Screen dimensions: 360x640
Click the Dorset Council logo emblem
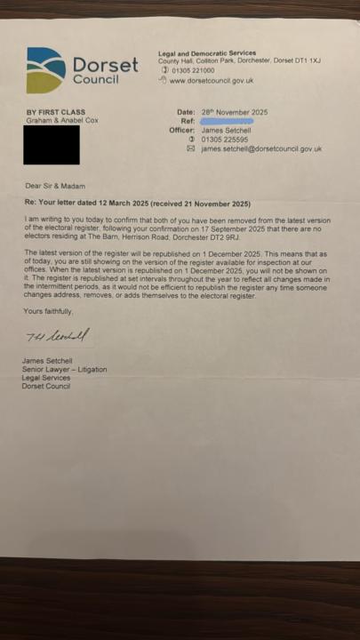(x=45, y=70)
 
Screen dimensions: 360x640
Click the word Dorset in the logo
(x=105, y=65)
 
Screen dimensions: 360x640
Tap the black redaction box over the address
(x=51, y=145)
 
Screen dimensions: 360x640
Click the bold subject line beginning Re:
(x=138, y=203)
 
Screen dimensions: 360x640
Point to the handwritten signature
(x=57, y=335)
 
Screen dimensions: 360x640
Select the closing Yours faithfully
(x=48, y=311)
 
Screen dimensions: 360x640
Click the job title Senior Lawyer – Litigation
(x=64, y=369)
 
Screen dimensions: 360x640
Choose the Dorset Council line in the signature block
(x=46, y=386)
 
